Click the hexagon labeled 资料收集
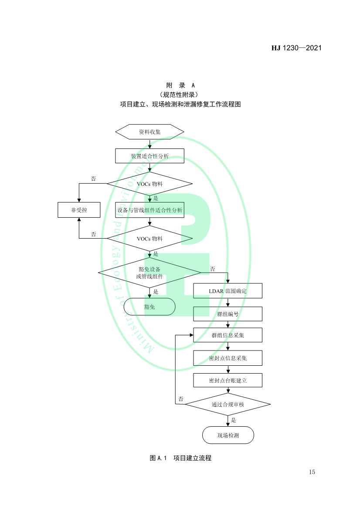pyautogui.click(x=149, y=132)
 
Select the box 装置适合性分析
pyautogui.click(x=149, y=156)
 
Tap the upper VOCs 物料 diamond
pyautogui.click(x=149, y=184)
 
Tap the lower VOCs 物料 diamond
pyautogui.click(x=149, y=238)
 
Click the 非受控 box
pyautogui.click(x=79, y=210)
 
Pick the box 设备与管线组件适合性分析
pyautogui.click(x=149, y=210)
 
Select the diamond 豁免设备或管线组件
pyautogui.click(x=149, y=273)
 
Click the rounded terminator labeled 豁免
pyautogui.click(x=149, y=307)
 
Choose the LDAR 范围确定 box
pyautogui.click(x=228, y=291)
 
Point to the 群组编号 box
pyautogui.click(x=228, y=313)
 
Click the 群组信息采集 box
pyautogui.click(x=228, y=335)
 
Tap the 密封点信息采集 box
pyautogui.click(x=228, y=358)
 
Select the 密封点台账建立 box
pyautogui.click(x=228, y=380)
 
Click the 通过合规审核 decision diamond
pyautogui.click(x=228, y=405)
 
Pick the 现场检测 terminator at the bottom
pyautogui.click(x=228, y=435)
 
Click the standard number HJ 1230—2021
pyautogui.click(x=296, y=48)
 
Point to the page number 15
pyautogui.click(x=312, y=472)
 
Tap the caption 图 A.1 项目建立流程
pyautogui.click(x=180, y=458)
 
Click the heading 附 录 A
pyautogui.click(x=180, y=85)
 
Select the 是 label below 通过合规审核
pyautogui.click(x=234, y=420)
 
